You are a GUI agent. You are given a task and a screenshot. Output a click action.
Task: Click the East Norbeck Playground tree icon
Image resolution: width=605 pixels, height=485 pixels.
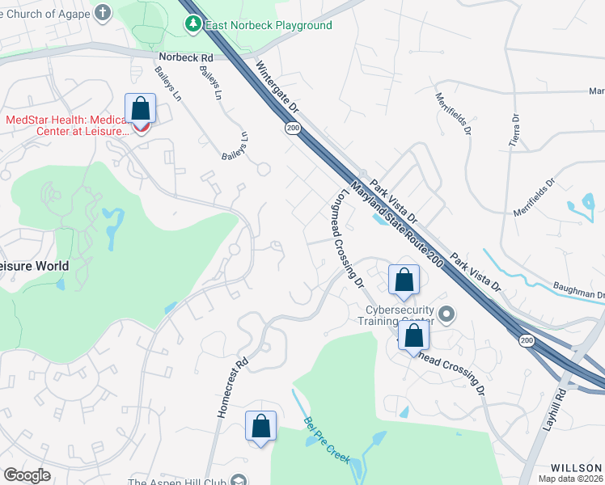[x=192, y=25]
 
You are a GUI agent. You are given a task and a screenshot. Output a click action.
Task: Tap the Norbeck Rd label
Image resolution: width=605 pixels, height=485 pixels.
[x=185, y=58]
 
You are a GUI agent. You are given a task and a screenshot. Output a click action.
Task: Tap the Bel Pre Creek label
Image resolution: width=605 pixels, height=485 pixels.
[x=326, y=441]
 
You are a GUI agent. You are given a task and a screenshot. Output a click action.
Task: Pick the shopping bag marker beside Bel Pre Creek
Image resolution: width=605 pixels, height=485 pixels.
[x=260, y=426]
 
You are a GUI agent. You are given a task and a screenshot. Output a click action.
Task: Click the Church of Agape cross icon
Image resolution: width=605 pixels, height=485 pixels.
[x=102, y=12]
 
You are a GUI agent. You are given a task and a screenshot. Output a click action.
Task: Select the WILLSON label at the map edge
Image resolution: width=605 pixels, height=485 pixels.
[x=577, y=468]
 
